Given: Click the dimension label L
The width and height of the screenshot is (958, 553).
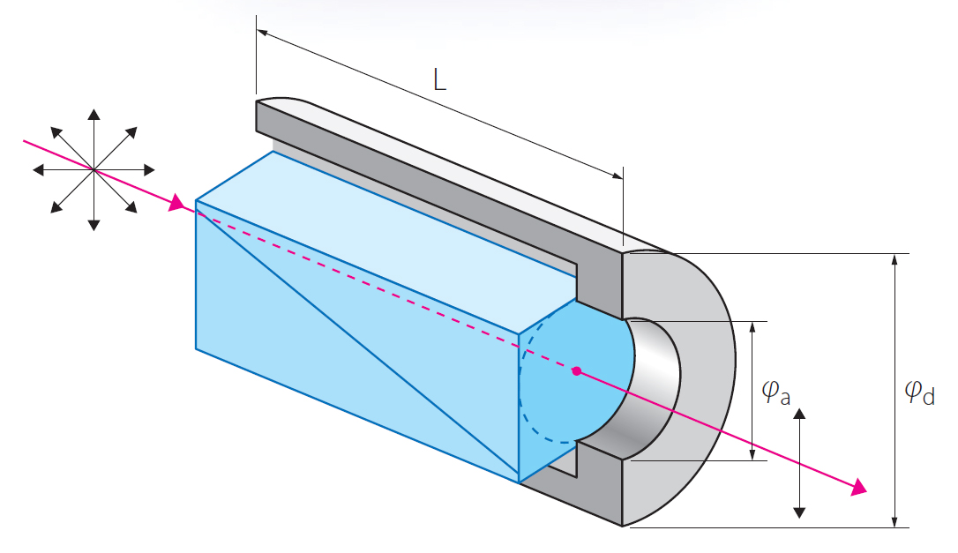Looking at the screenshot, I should click(439, 80).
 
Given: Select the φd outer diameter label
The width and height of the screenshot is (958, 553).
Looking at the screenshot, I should click(921, 392).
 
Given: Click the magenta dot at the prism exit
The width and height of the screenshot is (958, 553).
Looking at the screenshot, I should click(576, 371).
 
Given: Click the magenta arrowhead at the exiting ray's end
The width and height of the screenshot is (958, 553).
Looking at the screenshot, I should click(857, 489).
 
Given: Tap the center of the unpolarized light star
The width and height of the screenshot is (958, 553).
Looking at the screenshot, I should click(94, 168).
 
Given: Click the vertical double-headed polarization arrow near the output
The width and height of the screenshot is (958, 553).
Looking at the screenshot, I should click(799, 464).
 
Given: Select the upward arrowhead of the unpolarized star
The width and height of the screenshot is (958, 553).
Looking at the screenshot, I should click(94, 113).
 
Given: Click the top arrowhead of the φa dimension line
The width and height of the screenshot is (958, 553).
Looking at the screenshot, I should click(752, 327).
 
